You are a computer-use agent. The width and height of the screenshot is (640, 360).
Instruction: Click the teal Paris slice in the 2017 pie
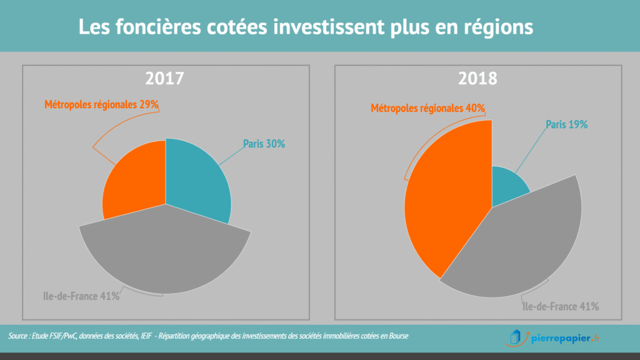point(197,178)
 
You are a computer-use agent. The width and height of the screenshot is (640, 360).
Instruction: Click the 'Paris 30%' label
point(264,144)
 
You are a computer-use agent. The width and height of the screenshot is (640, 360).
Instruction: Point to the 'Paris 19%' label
point(567,124)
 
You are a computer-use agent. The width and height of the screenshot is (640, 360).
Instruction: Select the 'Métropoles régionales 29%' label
point(101,104)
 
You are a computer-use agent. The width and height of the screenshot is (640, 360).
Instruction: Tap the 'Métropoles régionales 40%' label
point(428,108)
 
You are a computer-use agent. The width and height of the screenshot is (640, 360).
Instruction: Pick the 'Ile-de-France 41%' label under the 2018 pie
point(561,306)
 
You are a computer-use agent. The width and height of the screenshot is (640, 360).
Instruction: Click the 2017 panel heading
point(164,79)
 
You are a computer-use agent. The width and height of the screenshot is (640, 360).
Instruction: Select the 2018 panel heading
point(478,79)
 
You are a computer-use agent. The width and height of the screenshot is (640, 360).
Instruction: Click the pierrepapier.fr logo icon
point(514,337)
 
